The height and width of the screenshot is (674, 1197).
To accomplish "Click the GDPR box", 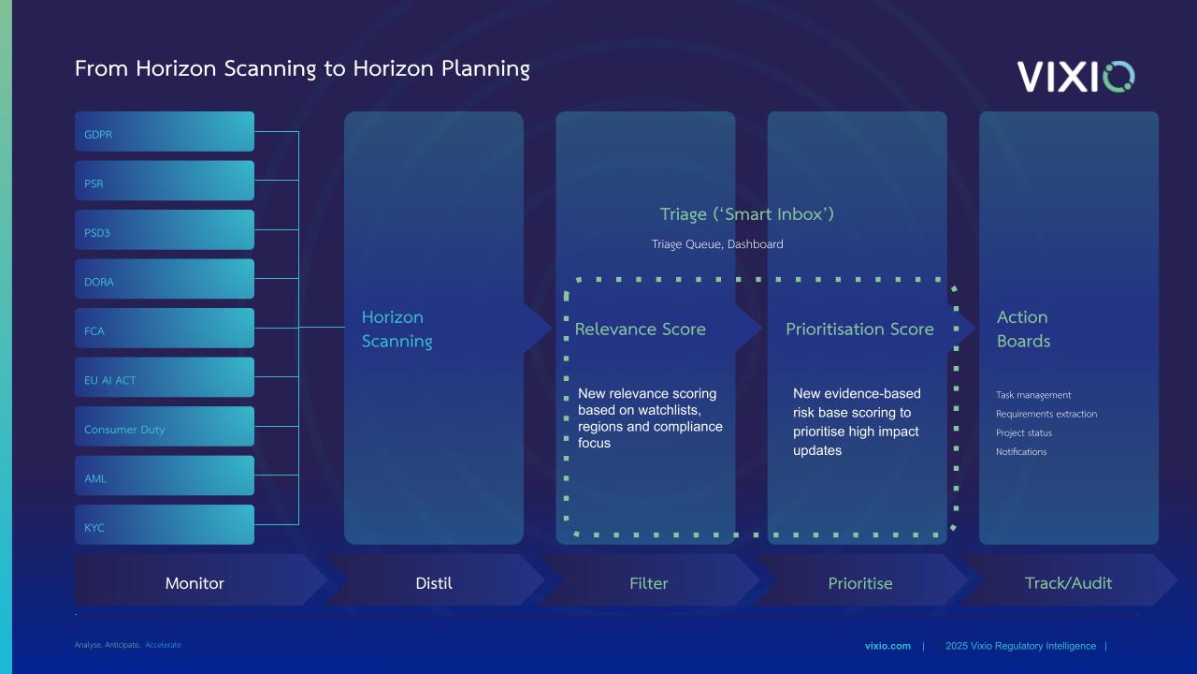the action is coord(165,132).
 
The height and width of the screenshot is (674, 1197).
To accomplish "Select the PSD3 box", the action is coord(165,230).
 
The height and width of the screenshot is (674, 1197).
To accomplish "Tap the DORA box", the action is coord(165,279).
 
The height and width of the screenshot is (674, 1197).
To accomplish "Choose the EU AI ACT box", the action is coord(165,377).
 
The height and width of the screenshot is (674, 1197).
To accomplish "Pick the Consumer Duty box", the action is coord(165,426).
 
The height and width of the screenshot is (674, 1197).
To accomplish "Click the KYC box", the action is coord(165,525).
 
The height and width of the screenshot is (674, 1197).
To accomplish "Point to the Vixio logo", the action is coord(1075,77).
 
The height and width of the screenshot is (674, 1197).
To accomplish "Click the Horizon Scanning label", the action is coord(397,329).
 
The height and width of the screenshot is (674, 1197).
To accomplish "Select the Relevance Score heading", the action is coord(641,329).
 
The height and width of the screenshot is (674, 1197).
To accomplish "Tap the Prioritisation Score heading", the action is coord(859,329).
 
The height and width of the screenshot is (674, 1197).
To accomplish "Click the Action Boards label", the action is coord(1023,329).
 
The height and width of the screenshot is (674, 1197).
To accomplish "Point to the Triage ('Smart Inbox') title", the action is coord(747,214).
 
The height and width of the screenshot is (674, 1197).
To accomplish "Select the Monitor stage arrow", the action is coord(200,580).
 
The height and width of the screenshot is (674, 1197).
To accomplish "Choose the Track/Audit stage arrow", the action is coord(1069,580).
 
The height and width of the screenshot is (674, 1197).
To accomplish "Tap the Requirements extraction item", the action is coord(1046,414).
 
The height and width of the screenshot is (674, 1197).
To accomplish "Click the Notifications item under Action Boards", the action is coord(1021,452).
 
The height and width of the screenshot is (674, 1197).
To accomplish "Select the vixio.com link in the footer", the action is coord(887,646).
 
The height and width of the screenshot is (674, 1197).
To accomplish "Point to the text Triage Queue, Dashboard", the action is coord(717,244).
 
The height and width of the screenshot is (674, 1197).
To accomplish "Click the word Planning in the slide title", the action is coord(485,69).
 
